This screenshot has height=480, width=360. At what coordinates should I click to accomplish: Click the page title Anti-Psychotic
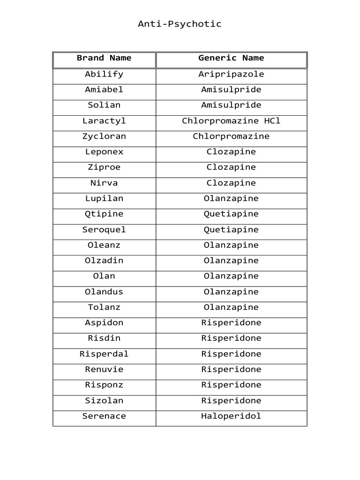[180, 24]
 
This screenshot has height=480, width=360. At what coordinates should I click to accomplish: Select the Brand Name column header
[104, 58]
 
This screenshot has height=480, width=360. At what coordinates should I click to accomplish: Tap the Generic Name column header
[231, 58]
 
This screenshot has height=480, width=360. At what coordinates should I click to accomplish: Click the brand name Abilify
[104, 74]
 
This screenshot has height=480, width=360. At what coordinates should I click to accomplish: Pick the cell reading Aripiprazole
[231, 74]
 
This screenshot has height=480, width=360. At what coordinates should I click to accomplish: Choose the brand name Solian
[104, 105]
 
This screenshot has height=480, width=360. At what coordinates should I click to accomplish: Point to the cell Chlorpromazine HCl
[231, 121]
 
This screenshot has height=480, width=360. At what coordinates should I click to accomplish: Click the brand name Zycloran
[104, 136]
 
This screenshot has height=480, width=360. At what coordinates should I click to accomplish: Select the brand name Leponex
[104, 152]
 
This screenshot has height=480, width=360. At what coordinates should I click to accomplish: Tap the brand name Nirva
[104, 183]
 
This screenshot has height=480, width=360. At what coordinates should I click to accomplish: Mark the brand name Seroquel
[104, 230]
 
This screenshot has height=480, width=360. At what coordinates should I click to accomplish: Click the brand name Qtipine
[104, 214]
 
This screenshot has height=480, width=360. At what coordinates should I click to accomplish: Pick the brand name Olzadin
[104, 261]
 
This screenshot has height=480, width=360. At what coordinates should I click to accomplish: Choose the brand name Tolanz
[104, 307]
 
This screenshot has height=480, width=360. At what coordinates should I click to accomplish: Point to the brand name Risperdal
[104, 354]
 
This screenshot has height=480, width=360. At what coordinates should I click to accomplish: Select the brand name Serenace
[104, 416]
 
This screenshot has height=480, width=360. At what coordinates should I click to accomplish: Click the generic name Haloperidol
[231, 416]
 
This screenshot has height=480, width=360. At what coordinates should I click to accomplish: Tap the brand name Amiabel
[104, 90]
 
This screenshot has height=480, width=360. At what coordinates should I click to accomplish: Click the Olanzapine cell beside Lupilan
[231, 198]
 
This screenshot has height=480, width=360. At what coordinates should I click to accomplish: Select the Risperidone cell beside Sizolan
[231, 400]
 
